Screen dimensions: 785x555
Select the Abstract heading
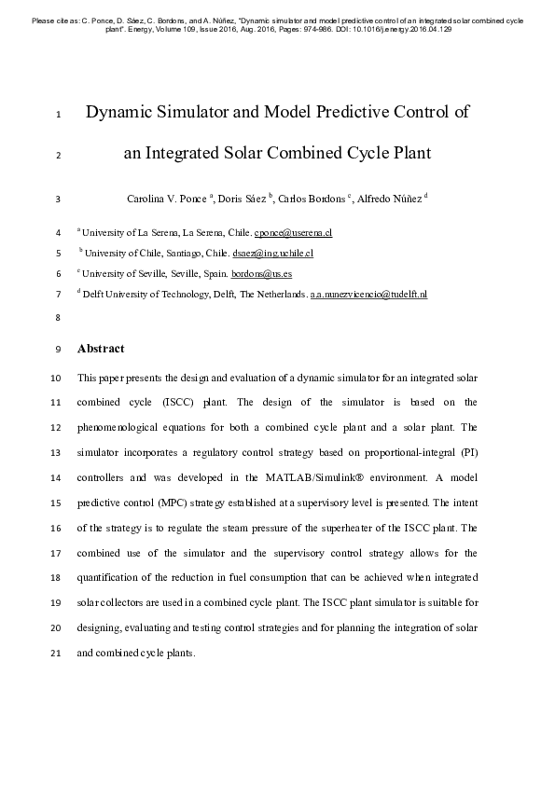point(100,349)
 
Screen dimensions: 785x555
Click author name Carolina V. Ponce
point(167,199)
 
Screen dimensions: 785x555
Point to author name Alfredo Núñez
point(390,199)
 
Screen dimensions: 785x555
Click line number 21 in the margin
point(57,653)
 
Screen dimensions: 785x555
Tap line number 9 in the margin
point(59,350)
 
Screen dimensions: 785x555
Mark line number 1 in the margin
point(59,116)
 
